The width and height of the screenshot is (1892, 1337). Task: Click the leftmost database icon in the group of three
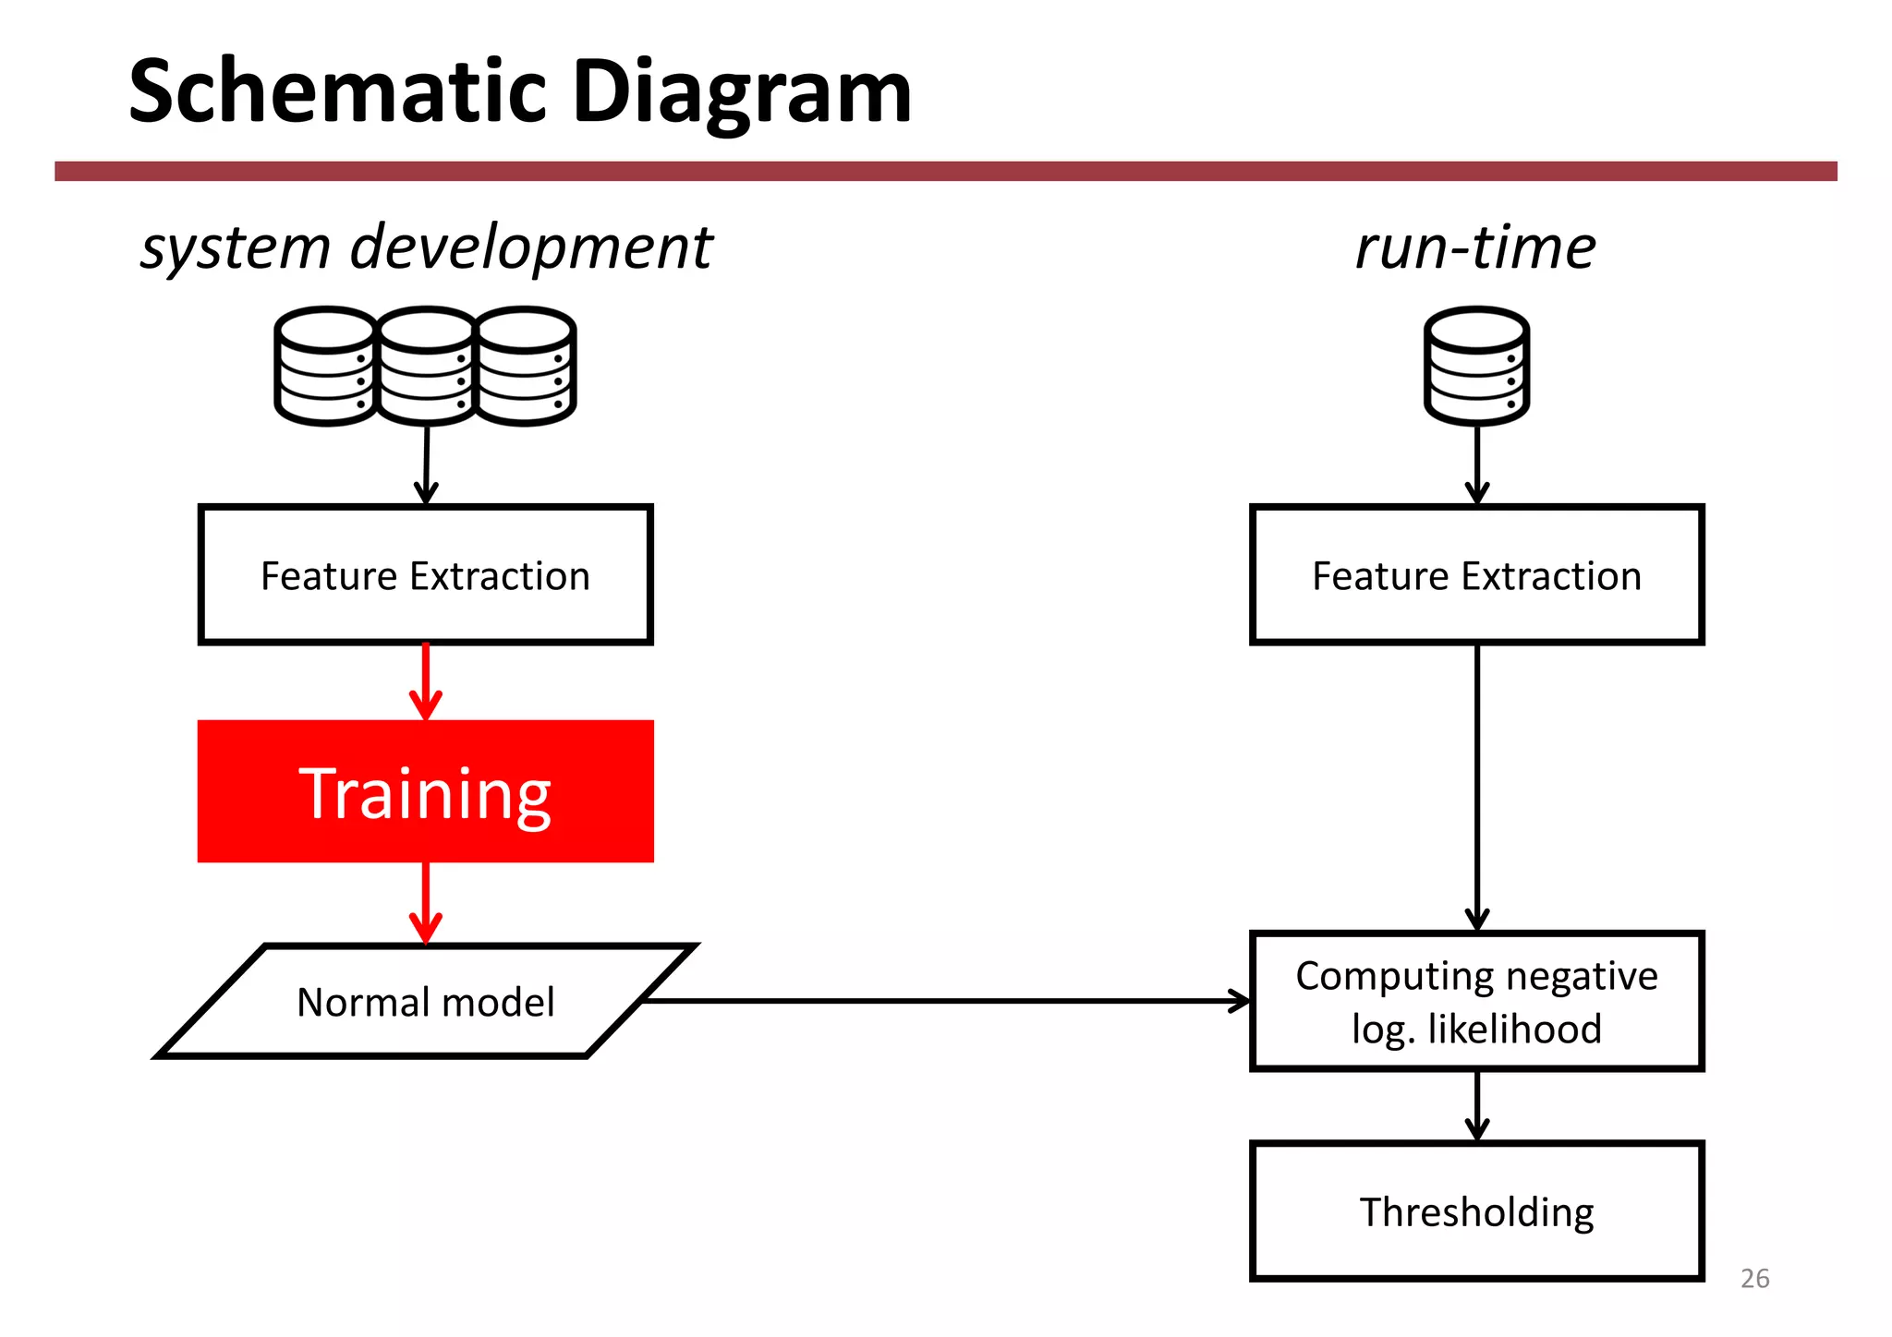326,367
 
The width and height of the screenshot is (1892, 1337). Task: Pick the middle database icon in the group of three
427,367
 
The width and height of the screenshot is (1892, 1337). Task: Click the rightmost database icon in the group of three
527,367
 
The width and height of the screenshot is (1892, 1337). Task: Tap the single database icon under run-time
1476,367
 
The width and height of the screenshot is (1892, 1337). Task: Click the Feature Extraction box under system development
426,575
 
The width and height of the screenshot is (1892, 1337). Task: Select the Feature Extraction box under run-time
1476,575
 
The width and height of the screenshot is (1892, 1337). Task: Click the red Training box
426,792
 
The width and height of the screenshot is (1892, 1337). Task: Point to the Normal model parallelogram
426,1002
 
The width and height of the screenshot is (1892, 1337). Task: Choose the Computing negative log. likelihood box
1476,1002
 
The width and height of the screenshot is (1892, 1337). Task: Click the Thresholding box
1476,1211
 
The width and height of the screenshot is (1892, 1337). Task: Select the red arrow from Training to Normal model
426,902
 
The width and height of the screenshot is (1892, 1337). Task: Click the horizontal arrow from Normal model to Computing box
942,1001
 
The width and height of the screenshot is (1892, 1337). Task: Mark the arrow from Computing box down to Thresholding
1477,1105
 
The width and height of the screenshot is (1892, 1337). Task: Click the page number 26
1754,1279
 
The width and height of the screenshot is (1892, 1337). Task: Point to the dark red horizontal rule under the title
945,171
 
